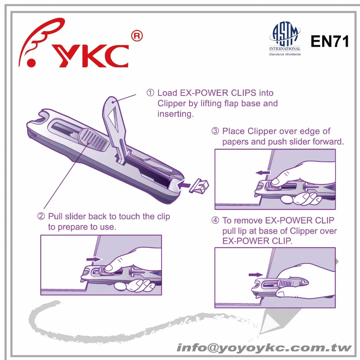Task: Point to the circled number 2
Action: point(41,216)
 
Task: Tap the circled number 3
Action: point(215,131)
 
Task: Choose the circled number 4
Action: point(215,220)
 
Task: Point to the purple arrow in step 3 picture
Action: point(263,173)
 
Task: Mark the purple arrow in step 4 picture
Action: point(255,275)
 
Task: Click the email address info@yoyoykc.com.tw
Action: point(264,348)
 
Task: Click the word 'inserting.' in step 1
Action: point(176,114)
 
